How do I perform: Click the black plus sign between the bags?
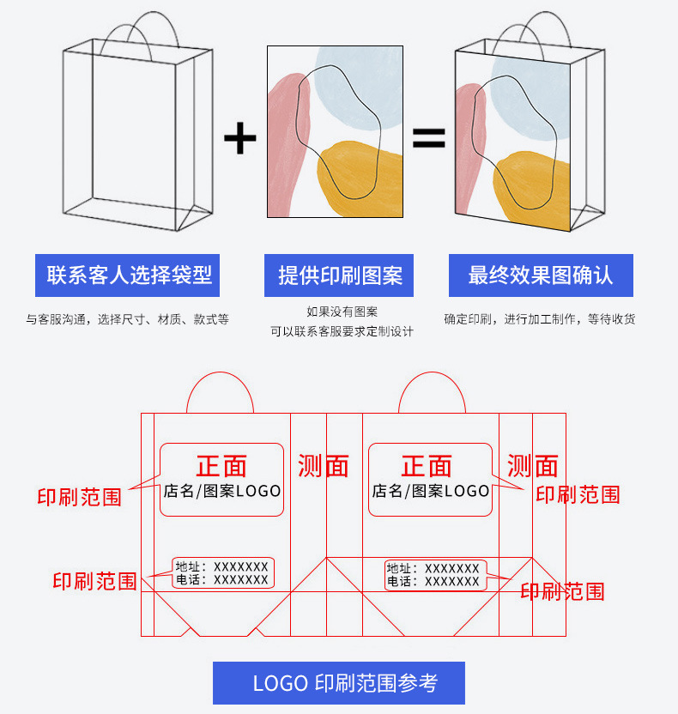[239, 138]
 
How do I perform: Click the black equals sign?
[429, 137]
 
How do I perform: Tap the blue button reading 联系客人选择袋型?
[129, 275]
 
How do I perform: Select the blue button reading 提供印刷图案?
[339, 275]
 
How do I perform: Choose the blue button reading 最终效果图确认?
[541, 275]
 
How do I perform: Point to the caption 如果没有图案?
[342, 312]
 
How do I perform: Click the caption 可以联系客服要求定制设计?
[342, 331]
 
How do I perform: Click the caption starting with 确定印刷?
[540, 319]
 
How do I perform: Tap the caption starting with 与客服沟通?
[127, 319]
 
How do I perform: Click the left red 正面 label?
[221, 466]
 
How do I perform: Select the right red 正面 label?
[427, 466]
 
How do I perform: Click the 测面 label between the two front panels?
[324, 466]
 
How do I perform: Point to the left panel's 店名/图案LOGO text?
[222, 491]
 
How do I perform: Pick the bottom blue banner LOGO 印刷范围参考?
[338, 683]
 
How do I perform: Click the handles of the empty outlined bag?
[142, 30]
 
